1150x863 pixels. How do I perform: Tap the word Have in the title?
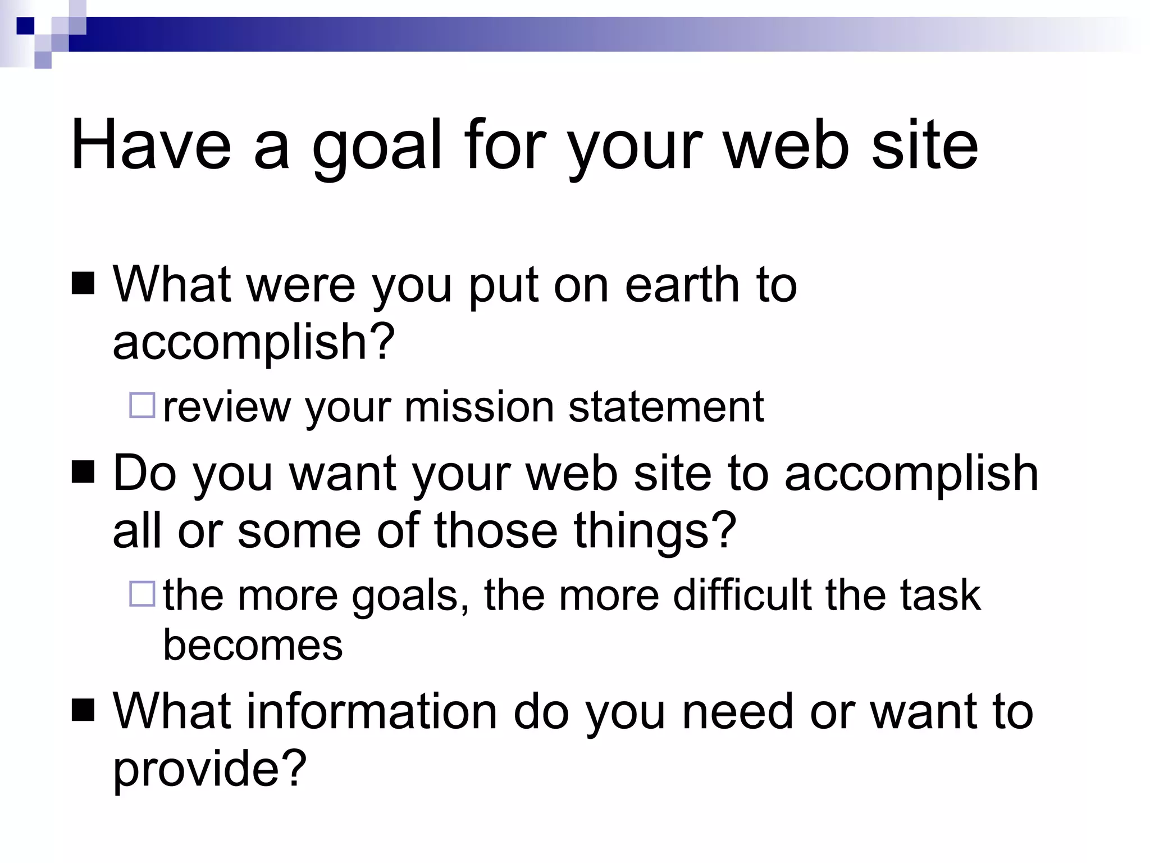(150, 145)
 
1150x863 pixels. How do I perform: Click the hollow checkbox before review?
(142, 405)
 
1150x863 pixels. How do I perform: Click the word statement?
(665, 406)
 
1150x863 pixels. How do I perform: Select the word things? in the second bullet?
(654, 531)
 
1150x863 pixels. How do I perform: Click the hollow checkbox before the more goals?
(142, 594)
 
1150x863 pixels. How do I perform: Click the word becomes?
(253, 645)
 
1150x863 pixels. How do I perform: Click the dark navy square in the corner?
(25, 25)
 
